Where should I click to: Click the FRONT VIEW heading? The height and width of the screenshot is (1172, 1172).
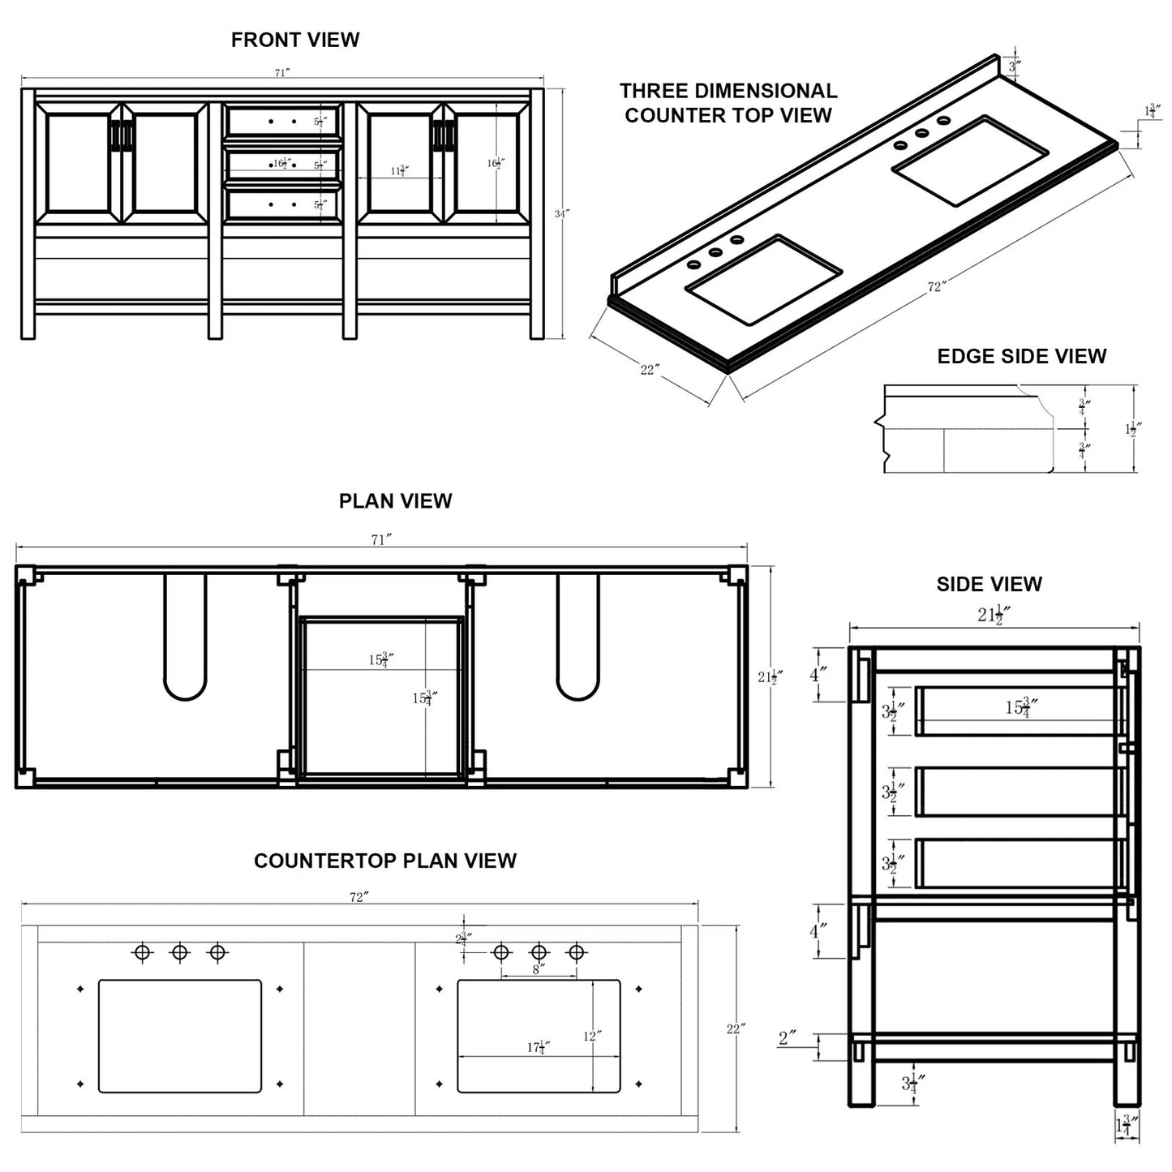pos(294,40)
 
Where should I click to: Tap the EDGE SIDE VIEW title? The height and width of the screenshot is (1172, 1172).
pos(1021,356)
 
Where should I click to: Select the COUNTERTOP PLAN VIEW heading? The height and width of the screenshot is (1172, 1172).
pos(385,861)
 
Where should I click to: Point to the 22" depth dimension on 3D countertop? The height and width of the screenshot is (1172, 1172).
pos(650,370)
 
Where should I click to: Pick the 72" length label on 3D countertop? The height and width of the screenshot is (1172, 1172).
pos(937,287)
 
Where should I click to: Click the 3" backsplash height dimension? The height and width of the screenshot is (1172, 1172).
pos(1014,66)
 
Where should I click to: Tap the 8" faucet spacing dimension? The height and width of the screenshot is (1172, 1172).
pos(538,968)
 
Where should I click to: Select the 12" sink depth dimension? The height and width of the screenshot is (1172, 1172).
pos(591,1036)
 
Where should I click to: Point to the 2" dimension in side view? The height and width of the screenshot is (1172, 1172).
pos(788,1037)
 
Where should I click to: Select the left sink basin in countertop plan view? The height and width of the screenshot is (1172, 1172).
pos(180,1036)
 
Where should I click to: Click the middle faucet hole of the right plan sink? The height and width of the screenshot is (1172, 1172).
pos(539,951)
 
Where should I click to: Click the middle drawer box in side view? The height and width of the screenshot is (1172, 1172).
pos(1018,792)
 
